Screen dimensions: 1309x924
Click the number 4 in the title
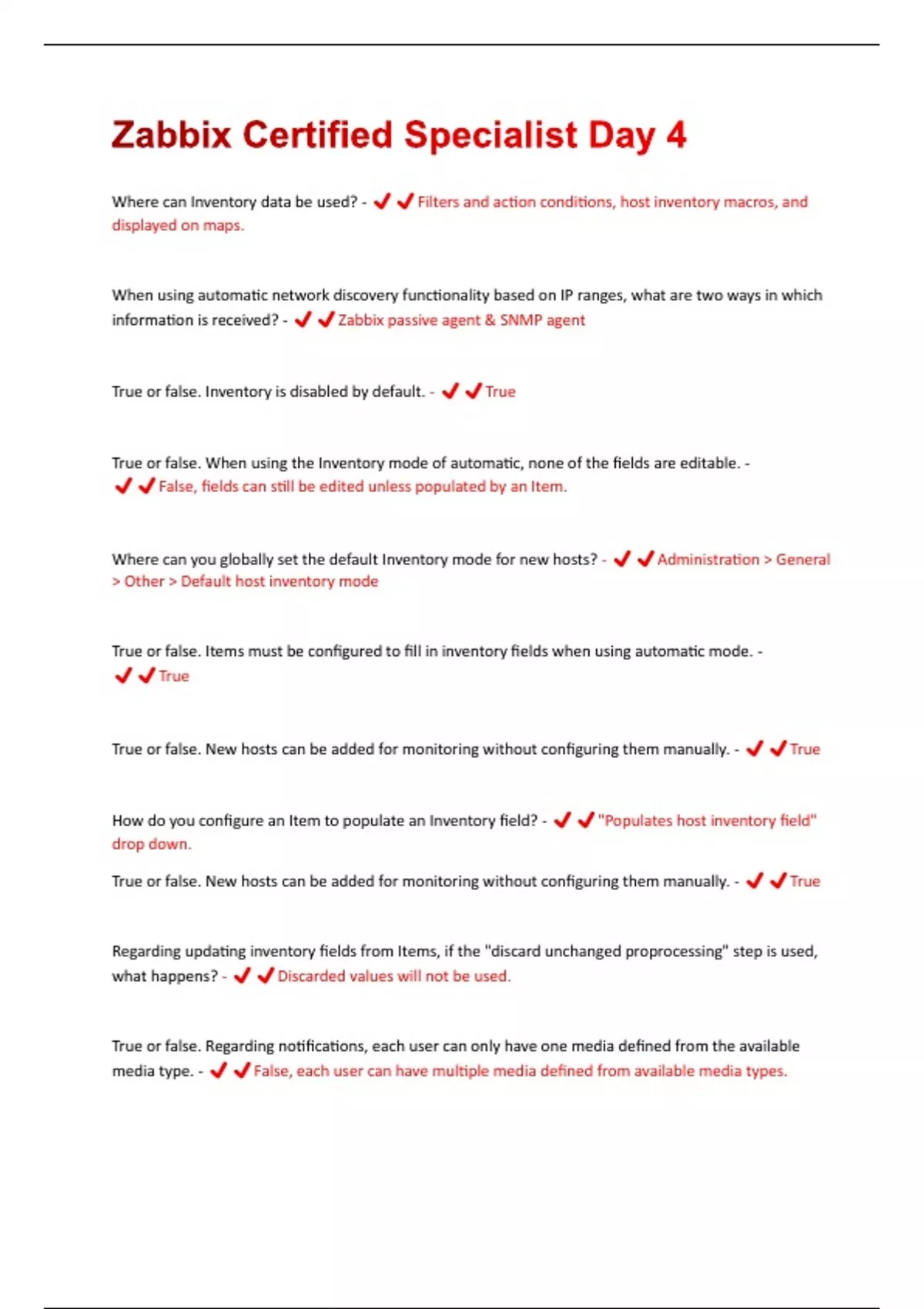(675, 136)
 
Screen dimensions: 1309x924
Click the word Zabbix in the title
(171, 136)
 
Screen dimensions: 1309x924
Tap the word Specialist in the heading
(490, 136)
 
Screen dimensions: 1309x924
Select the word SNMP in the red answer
(521, 320)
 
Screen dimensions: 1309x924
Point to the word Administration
(708, 560)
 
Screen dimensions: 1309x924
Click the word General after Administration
(802, 560)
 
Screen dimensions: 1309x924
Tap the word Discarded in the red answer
(311, 976)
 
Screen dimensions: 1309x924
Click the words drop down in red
(151, 844)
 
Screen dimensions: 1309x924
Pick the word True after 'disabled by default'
(500, 392)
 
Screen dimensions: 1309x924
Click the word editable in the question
(709, 464)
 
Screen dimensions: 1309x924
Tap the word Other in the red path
(145, 581)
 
